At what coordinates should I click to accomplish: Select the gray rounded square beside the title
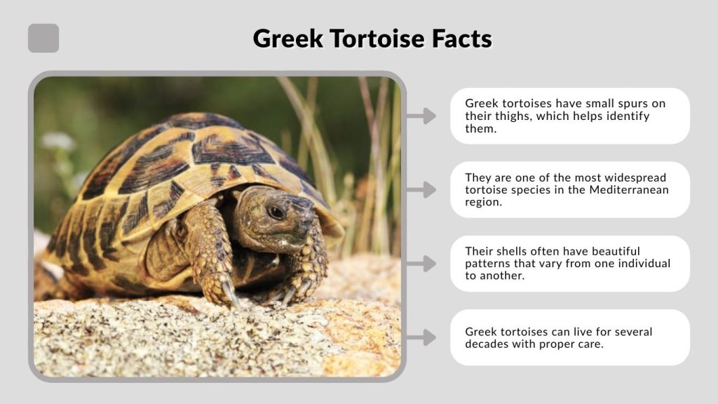pyautogui.click(x=43, y=38)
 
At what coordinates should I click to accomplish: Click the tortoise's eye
pyautogui.click(x=276, y=211)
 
